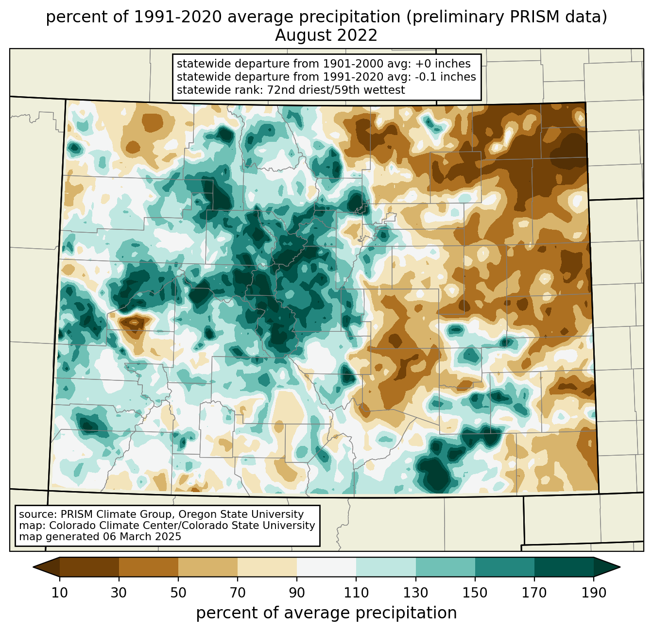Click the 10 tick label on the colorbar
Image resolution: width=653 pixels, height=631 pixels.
[x=59, y=593]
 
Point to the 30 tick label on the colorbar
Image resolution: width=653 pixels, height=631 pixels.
[x=119, y=593]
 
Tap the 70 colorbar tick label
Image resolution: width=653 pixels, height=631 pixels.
[x=238, y=593]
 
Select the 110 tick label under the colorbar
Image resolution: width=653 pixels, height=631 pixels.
[x=356, y=593]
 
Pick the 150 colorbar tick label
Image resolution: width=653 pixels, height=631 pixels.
[x=475, y=593]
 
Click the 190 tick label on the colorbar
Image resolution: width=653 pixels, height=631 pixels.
[x=594, y=593]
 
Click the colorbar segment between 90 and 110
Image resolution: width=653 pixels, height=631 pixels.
[x=326, y=567]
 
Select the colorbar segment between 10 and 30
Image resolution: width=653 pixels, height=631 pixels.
[x=89, y=567]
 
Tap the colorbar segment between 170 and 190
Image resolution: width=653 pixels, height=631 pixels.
[x=564, y=567]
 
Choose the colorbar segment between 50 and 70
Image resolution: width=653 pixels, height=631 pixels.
[x=208, y=567]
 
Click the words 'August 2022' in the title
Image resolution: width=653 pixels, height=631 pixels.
[x=326, y=35]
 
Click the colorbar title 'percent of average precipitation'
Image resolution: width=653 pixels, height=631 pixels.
[x=326, y=613]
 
